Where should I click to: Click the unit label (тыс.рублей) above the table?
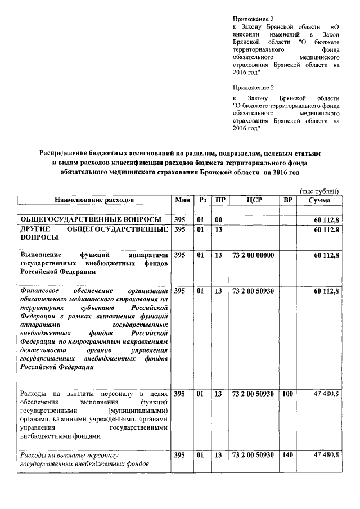click(x=319, y=191)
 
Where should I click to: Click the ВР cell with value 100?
click(x=287, y=394)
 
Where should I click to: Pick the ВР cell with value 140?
click(x=287, y=454)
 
